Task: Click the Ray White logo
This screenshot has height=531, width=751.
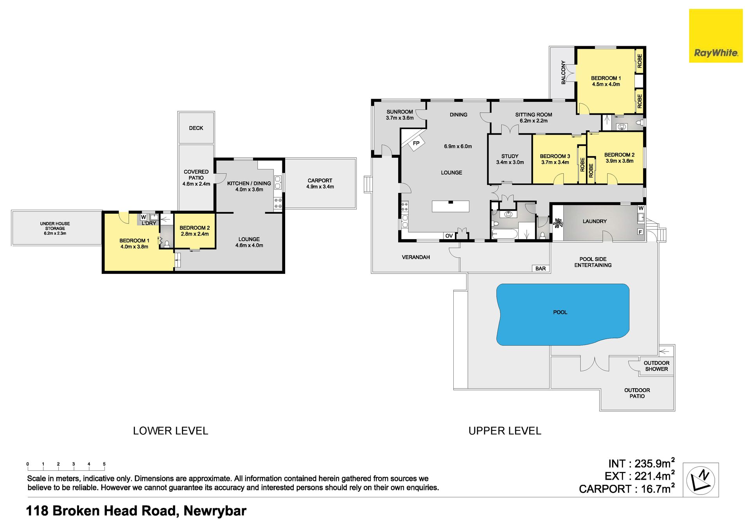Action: pos(715,36)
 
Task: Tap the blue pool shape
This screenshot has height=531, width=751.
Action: pos(562,314)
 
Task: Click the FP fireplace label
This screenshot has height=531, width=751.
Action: pos(416,143)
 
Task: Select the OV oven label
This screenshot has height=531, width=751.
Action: pos(449,236)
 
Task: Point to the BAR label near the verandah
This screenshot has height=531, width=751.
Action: pos(541,268)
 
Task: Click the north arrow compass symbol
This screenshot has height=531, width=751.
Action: pos(701,480)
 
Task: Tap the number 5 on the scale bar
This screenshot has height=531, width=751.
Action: pos(104,464)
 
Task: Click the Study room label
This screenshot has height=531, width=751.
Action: pos(510,159)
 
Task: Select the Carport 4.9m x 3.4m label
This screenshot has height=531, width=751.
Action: pos(320,184)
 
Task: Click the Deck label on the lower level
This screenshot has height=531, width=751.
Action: pos(196,128)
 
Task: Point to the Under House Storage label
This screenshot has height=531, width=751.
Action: pos(55,229)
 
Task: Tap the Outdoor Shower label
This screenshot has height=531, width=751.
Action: pos(656,366)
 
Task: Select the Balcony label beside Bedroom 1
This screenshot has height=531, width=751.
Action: pos(563,72)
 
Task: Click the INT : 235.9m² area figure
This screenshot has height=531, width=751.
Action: pos(641,463)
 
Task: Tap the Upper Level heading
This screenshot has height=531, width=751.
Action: pos(505,431)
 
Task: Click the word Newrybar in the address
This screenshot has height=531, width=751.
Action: pos(215,511)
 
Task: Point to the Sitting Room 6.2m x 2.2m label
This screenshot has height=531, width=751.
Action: pos(534,117)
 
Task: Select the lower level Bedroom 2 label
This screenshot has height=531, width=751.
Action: pos(194,230)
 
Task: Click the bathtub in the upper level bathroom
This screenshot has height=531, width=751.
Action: pos(505,234)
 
